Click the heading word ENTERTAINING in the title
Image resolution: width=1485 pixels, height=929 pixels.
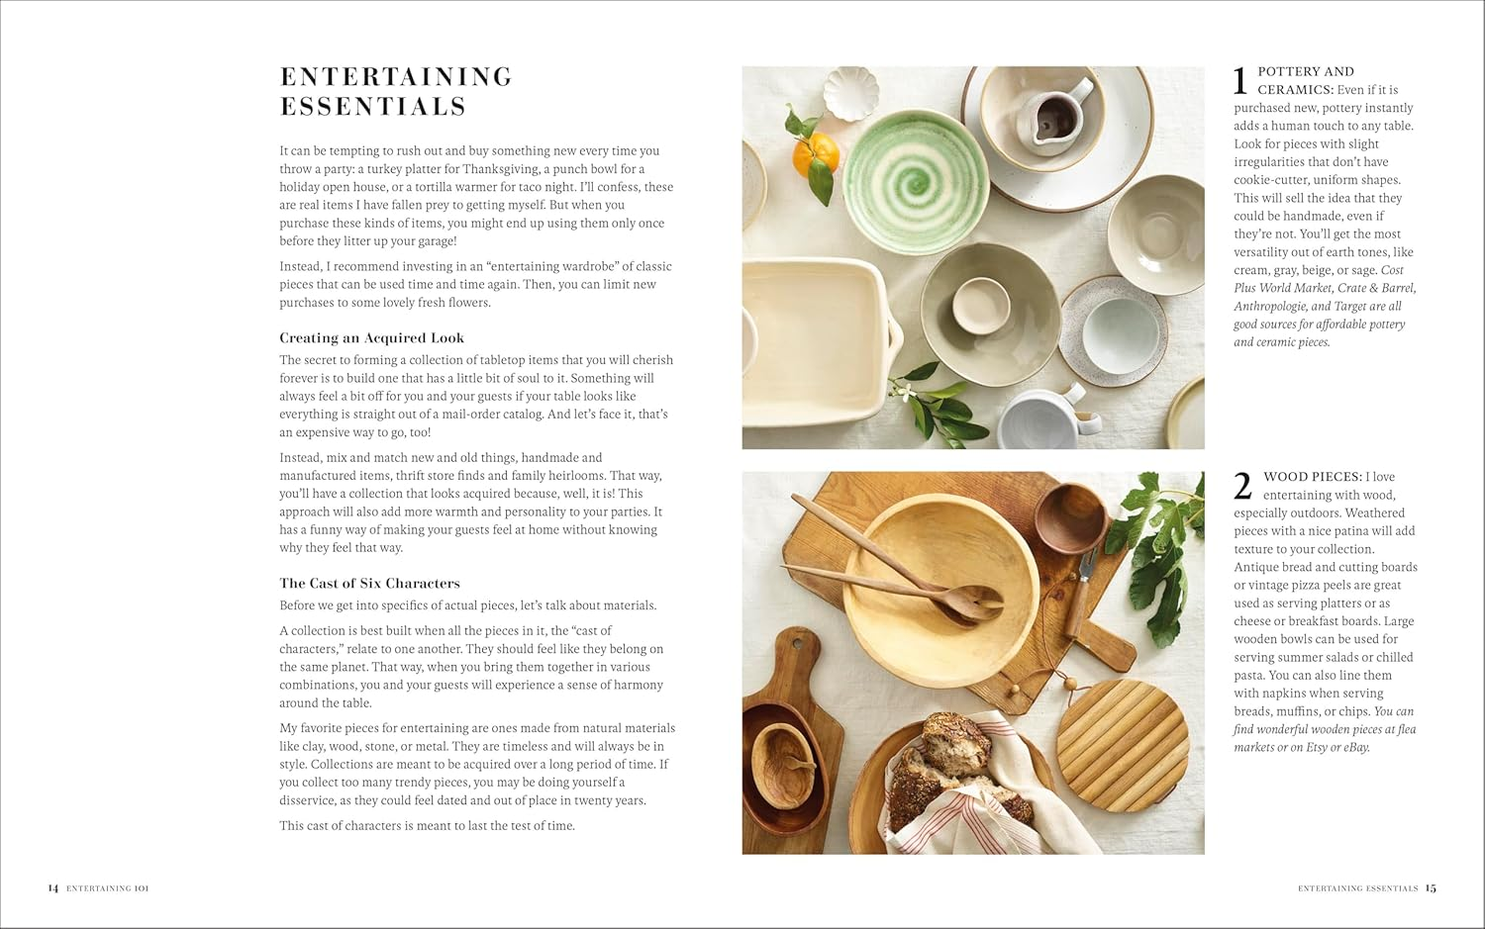pyautogui.click(x=396, y=77)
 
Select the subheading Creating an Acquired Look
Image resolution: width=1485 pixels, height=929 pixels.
pyautogui.click(x=371, y=338)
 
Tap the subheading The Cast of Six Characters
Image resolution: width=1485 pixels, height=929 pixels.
pyautogui.click(x=369, y=584)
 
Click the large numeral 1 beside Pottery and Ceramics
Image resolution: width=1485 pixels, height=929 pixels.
pyautogui.click(x=1240, y=81)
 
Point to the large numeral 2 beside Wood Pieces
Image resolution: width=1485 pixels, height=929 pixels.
pyautogui.click(x=1242, y=487)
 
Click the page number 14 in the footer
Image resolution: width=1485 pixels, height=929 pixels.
pyautogui.click(x=53, y=888)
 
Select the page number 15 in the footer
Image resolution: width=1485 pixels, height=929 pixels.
pyautogui.click(x=1431, y=888)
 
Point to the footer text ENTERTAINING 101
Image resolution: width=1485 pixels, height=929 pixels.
pyautogui.click(x=107, y=888)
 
